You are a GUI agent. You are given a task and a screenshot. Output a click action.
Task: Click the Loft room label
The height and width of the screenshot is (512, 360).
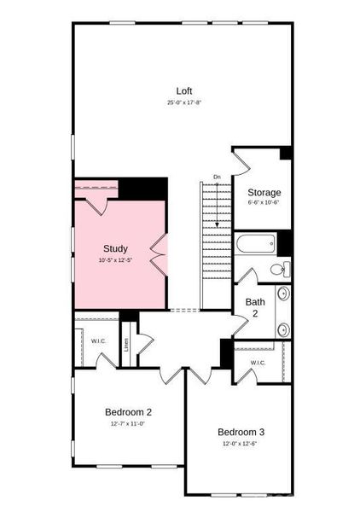tap(184, 91)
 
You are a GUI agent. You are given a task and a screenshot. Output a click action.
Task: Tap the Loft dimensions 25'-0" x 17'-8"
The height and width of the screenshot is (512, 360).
tap(184, 102)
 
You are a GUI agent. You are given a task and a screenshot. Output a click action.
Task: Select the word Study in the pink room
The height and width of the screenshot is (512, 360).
tap(115, 248)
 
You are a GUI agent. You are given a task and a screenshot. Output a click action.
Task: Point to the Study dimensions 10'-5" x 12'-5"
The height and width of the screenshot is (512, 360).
tap(115, 259)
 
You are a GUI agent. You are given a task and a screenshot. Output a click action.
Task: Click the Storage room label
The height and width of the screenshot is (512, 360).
tap(264, 192)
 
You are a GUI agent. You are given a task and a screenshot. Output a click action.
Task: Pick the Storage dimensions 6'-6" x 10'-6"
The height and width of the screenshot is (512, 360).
tap(264, 202)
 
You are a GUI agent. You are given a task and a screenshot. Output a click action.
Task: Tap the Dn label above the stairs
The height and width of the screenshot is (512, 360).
tap(217, 177)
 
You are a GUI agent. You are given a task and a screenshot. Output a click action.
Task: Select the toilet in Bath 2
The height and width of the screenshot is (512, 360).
tap(278, 270)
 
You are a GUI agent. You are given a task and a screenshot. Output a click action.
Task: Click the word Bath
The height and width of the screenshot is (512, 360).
tap(255, 301)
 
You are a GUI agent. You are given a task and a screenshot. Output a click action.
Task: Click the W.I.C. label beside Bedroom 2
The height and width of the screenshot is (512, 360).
tap(98, 341)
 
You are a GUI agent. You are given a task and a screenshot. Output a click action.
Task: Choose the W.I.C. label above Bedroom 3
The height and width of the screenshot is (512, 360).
tap(258, 363)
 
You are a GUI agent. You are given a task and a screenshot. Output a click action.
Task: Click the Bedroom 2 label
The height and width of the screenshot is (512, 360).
tap(128, 411)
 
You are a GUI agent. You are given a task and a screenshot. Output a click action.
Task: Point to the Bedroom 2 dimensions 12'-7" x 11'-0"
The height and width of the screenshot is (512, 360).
tap(128, 423)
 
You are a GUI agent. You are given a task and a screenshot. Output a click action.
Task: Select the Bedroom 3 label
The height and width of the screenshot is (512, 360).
tap(241, 431)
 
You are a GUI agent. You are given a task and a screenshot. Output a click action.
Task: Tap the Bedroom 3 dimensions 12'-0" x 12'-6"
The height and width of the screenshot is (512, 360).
tap(241, 443)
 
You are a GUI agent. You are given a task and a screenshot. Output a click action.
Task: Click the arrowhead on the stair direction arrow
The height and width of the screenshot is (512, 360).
tap(217, 224)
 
